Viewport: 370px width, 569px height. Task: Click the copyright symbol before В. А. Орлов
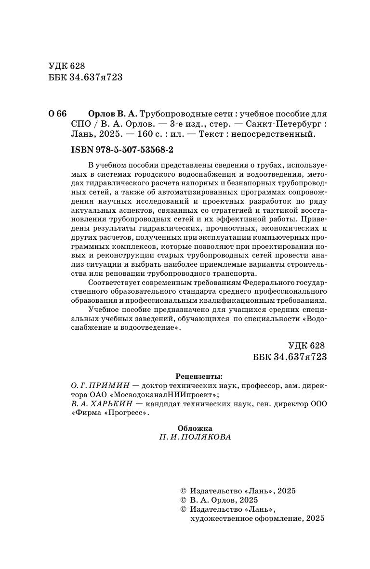coord(183,501)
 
